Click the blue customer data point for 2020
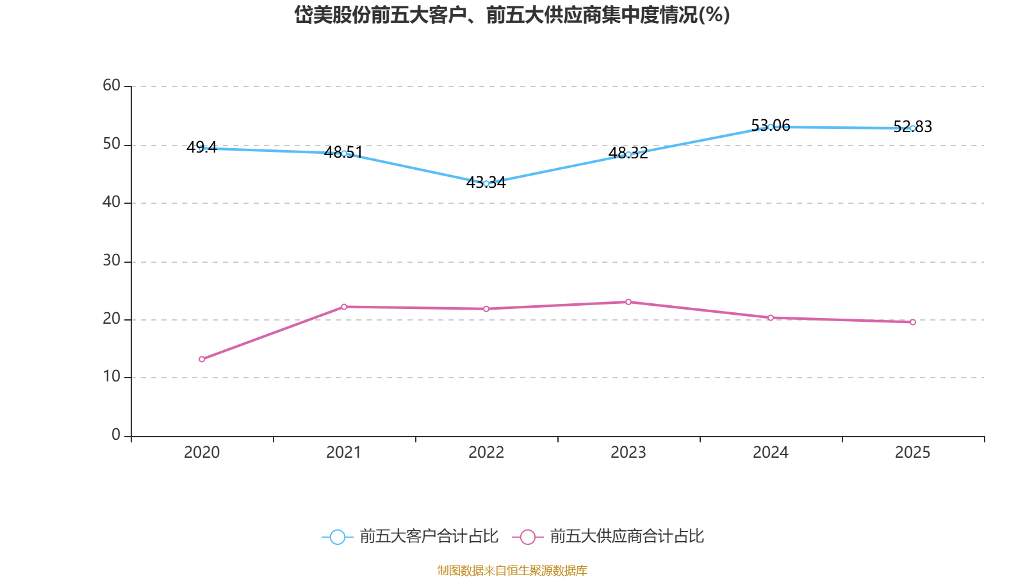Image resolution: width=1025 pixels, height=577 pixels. (x=202, y=148)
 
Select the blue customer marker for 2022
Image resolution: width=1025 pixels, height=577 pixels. (x=486, y=183)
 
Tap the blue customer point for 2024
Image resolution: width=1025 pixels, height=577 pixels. (x=770, y=127)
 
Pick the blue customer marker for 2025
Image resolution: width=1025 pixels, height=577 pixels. (x=912, y=128)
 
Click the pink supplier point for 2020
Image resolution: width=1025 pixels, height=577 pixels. (x=202, y=359)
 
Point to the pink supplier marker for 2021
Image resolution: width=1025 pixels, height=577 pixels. (x=344, y=306)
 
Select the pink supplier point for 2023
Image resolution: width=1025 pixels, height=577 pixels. (x=628, y=302)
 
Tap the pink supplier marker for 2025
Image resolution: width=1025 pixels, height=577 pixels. (x=912, y=322)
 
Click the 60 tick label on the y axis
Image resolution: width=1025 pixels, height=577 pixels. (x=111, y=85)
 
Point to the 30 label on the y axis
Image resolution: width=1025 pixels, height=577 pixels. (x=111, y=260)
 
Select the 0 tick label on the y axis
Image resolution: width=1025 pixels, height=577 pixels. (x=116, y=435)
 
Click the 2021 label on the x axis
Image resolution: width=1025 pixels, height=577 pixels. (x=344, y=453)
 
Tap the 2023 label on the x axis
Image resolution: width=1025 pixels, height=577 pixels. (x=628, y=453)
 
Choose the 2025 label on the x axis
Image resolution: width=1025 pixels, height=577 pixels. (x=912, y=453)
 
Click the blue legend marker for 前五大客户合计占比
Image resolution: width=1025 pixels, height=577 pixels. (x=337, y=537)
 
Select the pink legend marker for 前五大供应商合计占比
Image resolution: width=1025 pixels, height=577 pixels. (x=527, y=537)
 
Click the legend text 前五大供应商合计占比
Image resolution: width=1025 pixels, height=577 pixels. (x=627, y=537)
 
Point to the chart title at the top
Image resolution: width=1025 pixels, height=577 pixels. (x=512, y=15)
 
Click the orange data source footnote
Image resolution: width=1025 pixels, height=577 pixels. (x=512, y=570)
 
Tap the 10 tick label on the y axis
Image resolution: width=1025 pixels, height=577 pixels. (x=111, y=377)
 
